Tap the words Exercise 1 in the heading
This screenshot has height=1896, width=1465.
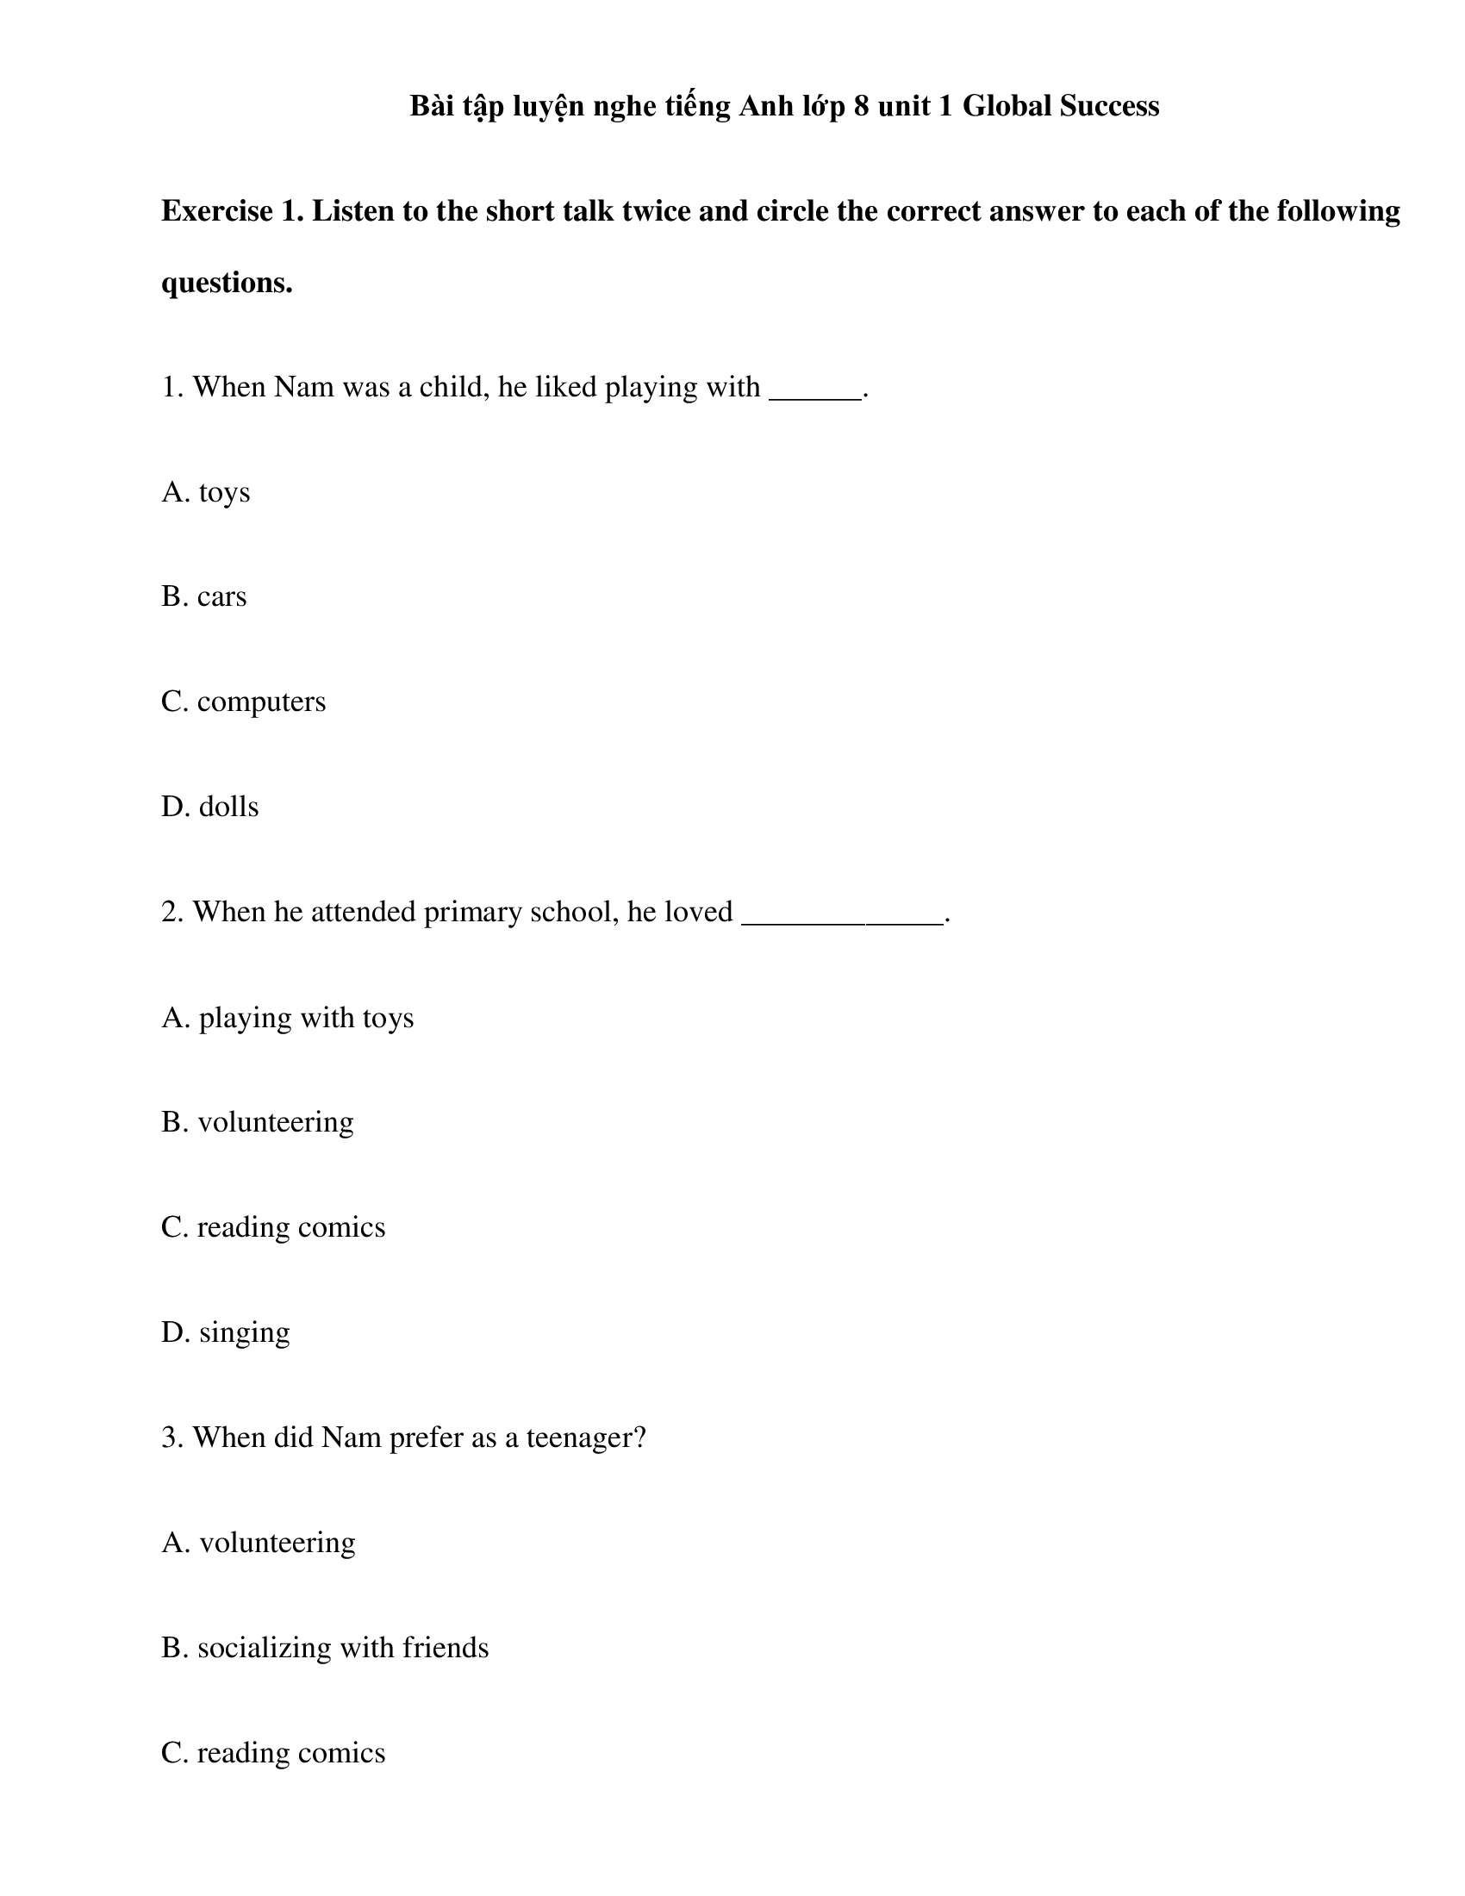click(233, 211)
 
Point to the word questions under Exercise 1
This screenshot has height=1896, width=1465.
click(227, 282)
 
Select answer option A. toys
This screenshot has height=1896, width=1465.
click(206, 492)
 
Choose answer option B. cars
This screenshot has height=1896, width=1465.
click(204, 597)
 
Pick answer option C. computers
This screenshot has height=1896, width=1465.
click(244, 702)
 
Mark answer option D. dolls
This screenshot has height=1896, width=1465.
click(210, 807)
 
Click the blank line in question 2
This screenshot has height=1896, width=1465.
click(842, 914)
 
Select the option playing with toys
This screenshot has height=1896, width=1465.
click(288, 1018)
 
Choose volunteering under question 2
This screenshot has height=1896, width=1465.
click(258, 1122)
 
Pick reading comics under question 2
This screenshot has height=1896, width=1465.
click(273, 1227)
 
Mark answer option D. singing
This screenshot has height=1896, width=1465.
click(226, 1332)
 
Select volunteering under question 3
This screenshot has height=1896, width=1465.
click(259, 1543)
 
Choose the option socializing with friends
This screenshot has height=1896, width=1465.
click(326, 1648)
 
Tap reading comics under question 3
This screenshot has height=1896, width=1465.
click(273, 1753)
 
